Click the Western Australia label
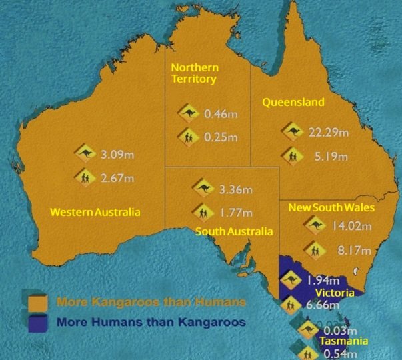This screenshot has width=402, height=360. point(95,212)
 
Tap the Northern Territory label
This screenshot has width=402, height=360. point(193,73)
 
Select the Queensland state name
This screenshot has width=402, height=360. point(293,103)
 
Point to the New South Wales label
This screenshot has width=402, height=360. point(331,208)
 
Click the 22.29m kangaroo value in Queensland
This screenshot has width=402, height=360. point(328,132)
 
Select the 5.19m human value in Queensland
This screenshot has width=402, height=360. point(327,157)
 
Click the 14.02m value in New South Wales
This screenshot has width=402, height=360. point(351,226)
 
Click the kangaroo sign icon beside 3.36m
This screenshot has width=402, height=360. point(202,187)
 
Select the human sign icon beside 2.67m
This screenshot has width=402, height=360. point(85,178)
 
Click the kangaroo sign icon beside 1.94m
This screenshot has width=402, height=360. point(291,281)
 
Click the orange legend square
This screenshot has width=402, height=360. point(41,301)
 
